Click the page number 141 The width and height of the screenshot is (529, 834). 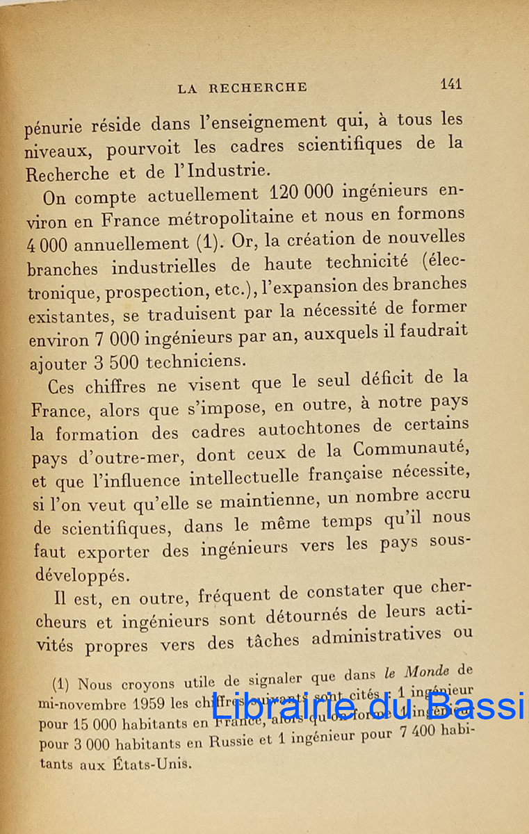[450, 84]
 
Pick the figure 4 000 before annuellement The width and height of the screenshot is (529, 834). [49, 246]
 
